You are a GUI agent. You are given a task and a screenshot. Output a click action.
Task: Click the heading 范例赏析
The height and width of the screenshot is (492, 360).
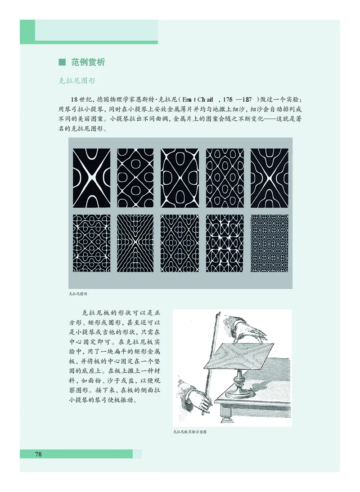pos(88,63)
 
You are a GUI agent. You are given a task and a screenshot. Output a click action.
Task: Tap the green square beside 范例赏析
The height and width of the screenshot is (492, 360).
pos(63,63)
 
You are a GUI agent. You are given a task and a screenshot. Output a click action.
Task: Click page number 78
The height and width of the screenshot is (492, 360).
pos(38,454)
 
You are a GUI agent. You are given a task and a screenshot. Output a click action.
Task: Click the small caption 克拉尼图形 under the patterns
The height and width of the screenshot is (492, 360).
pos(78,293)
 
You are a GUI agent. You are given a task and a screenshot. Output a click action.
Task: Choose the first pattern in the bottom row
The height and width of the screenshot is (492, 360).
pos(91,243)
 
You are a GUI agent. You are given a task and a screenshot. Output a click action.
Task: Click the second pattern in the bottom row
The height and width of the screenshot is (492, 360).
pos(135,243)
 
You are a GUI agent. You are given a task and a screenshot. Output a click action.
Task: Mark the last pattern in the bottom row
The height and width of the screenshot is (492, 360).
pos(269,243)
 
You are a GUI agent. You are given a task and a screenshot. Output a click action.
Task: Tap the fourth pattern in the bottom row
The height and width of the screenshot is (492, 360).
pos(225,243)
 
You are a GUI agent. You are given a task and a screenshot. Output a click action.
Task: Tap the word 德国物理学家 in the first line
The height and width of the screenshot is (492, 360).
pos(117,99)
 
